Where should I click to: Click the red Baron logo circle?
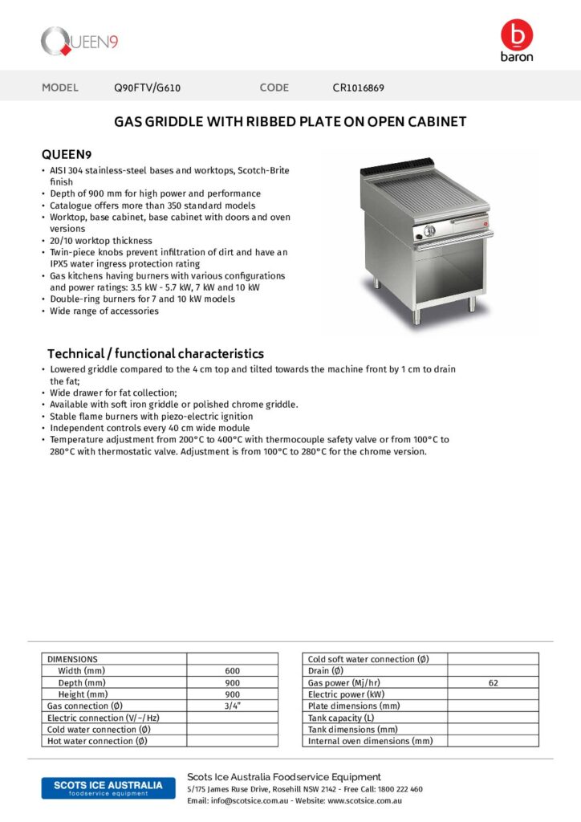516,35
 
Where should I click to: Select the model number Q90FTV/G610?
147,87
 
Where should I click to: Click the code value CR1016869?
364,87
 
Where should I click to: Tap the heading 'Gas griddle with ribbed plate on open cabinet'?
290,122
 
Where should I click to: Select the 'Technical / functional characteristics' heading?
155,353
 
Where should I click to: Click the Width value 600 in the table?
232,671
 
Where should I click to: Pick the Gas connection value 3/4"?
232,706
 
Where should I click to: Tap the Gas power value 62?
493,682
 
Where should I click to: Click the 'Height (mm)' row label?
83,694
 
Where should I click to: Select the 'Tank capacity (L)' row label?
341,718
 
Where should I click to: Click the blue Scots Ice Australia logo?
102,787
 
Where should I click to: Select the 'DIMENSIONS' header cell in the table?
72,659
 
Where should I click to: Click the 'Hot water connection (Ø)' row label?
97,741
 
